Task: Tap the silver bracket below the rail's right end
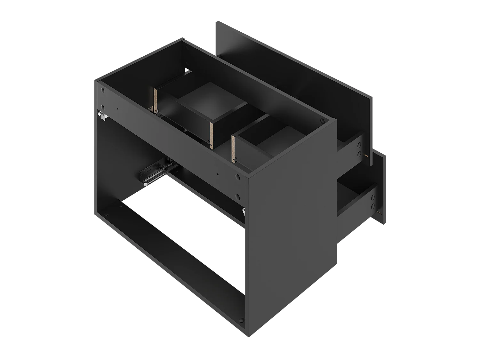click(x=244, y=211)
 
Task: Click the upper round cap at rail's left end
click(x=102, y=91)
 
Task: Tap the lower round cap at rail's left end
click(x=103, y=107)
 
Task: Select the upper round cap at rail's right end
click(x=238, y=176)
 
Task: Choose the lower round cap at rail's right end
click(x=238, y=196)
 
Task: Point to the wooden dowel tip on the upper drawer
click(x=367, y=156)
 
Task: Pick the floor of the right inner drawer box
click(x=275, y=141)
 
